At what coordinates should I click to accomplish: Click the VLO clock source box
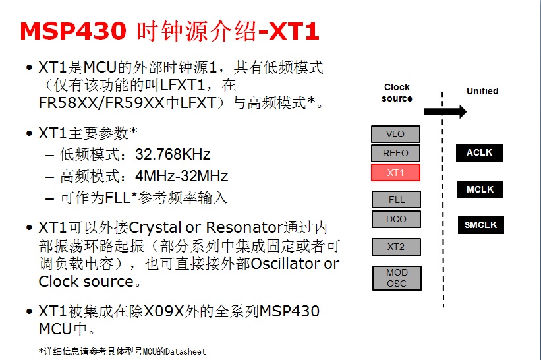395,134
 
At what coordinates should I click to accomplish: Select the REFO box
395,153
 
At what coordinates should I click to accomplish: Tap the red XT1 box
395,173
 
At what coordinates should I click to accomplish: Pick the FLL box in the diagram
396,200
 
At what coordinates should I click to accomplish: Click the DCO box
396,219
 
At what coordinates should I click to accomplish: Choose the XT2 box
396,247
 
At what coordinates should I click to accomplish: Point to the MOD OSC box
396,278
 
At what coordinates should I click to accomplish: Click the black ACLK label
479,153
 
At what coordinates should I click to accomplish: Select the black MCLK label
480,189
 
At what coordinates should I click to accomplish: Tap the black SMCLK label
480,225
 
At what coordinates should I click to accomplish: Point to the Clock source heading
397,92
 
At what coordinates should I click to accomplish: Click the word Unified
482,91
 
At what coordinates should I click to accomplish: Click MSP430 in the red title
72,30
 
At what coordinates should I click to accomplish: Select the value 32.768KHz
173,155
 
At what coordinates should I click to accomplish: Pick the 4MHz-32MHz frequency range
181,176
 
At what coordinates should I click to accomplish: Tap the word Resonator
244,228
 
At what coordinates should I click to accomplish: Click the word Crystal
155,228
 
